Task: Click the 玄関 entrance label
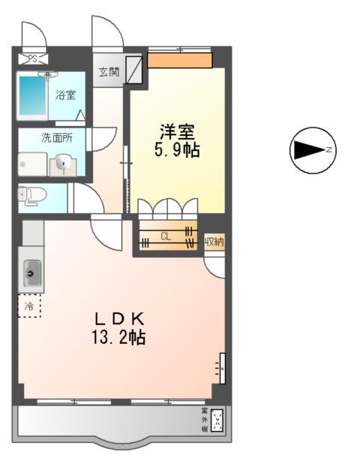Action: (109, 72)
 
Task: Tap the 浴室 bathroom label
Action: (65, 95)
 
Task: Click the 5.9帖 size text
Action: (177, 149)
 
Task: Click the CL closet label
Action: (166, 237)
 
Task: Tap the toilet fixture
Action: (33, 195)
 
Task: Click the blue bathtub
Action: (32, 98)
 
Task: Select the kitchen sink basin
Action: (32, 273)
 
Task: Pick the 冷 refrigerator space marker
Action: (30, 306)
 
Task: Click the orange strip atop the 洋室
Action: (179, 59)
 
